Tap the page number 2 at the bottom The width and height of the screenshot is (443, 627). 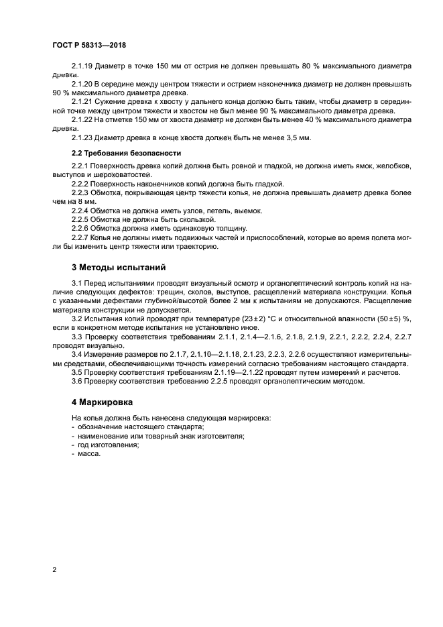54,570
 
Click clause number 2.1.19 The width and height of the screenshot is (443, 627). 82,66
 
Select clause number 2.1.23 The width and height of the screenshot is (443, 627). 82,137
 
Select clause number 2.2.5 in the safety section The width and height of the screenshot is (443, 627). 80,219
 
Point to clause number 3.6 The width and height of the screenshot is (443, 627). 76,381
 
